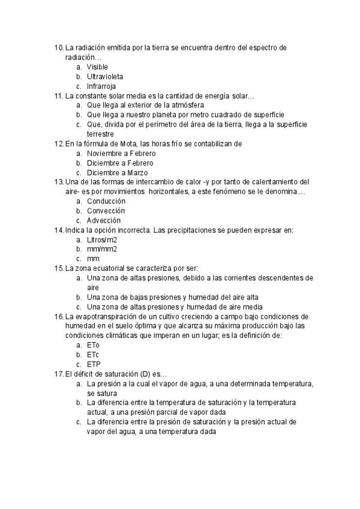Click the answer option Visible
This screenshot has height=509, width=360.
click(x=97, y=67)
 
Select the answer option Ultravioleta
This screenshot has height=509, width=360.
click(x=106, y=76)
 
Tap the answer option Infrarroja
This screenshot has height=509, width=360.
click(x=101, y=86)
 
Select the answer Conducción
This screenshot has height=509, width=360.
click(x=106, y=201)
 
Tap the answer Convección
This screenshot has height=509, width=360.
click(x=106, y=211)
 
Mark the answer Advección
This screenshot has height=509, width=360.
click(x=104, y=220)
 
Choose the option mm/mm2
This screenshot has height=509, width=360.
click(x=102, y=249)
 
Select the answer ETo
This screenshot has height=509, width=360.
click(x=94, y=345)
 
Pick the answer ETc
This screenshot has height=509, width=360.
click(x=93, y=355)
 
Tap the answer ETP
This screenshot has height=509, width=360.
click(x=94, y=364)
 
